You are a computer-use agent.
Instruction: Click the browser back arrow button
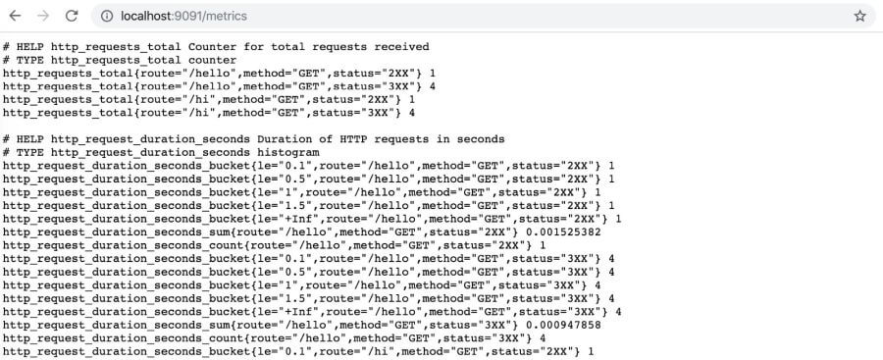click(x=15, y=16)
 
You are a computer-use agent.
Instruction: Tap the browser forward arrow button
click(x=42, y=16)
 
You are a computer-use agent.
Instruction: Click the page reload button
click(x=71, y=16)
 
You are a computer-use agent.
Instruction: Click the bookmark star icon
click(x=859, y=16)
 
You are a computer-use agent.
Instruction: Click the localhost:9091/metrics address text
click(x=184, y=16)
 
